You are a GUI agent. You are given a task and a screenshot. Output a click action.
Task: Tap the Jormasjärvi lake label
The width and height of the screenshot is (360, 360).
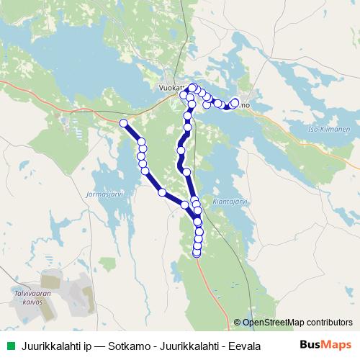tap(106, 193)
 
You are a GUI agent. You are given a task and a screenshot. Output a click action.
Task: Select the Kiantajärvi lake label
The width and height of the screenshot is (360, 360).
tap(230, 202)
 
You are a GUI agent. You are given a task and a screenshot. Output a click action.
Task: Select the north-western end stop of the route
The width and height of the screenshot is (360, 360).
tap(123, 123)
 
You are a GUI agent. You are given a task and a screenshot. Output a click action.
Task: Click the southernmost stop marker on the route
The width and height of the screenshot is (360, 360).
tap(197, 253)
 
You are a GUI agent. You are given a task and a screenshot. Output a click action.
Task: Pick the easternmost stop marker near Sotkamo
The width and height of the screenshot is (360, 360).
tap(235, 103)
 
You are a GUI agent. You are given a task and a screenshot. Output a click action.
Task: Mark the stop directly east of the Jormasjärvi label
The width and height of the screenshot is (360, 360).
tap(162, 192)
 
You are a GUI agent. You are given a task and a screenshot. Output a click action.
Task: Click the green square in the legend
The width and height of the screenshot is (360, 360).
tap(9, 346)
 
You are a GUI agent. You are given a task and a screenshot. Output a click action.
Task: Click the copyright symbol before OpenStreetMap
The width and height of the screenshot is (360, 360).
tap(238, 323)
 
